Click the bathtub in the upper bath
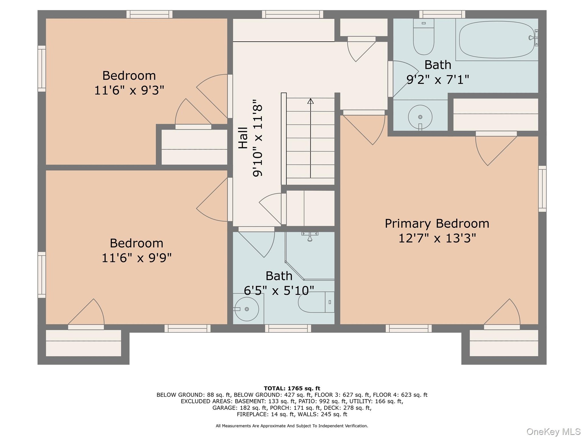497,40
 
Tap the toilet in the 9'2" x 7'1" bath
423,36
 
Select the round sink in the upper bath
420,117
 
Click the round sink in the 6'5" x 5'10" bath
247,309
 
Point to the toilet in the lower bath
316,302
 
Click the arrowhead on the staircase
310,101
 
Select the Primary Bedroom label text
437,224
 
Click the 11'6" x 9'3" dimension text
129,90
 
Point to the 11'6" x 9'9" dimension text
136,258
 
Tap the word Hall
243,138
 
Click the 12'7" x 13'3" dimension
437,238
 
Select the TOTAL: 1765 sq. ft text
292,388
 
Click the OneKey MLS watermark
553,432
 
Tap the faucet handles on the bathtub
534,38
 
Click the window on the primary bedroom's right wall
542,189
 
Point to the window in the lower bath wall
288,328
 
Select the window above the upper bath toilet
442,14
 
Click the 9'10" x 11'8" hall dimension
257,138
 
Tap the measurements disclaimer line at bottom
292,426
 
